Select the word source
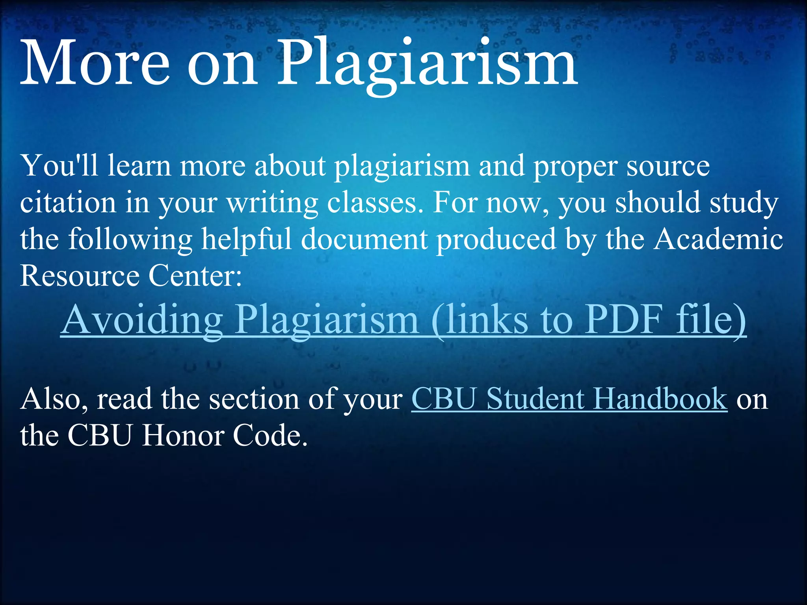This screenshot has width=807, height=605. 668,165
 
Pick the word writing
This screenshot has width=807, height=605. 272,203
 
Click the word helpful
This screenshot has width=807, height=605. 246,239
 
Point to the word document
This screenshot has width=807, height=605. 364,239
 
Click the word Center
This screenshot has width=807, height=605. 195,275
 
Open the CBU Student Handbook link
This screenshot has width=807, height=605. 569,399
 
